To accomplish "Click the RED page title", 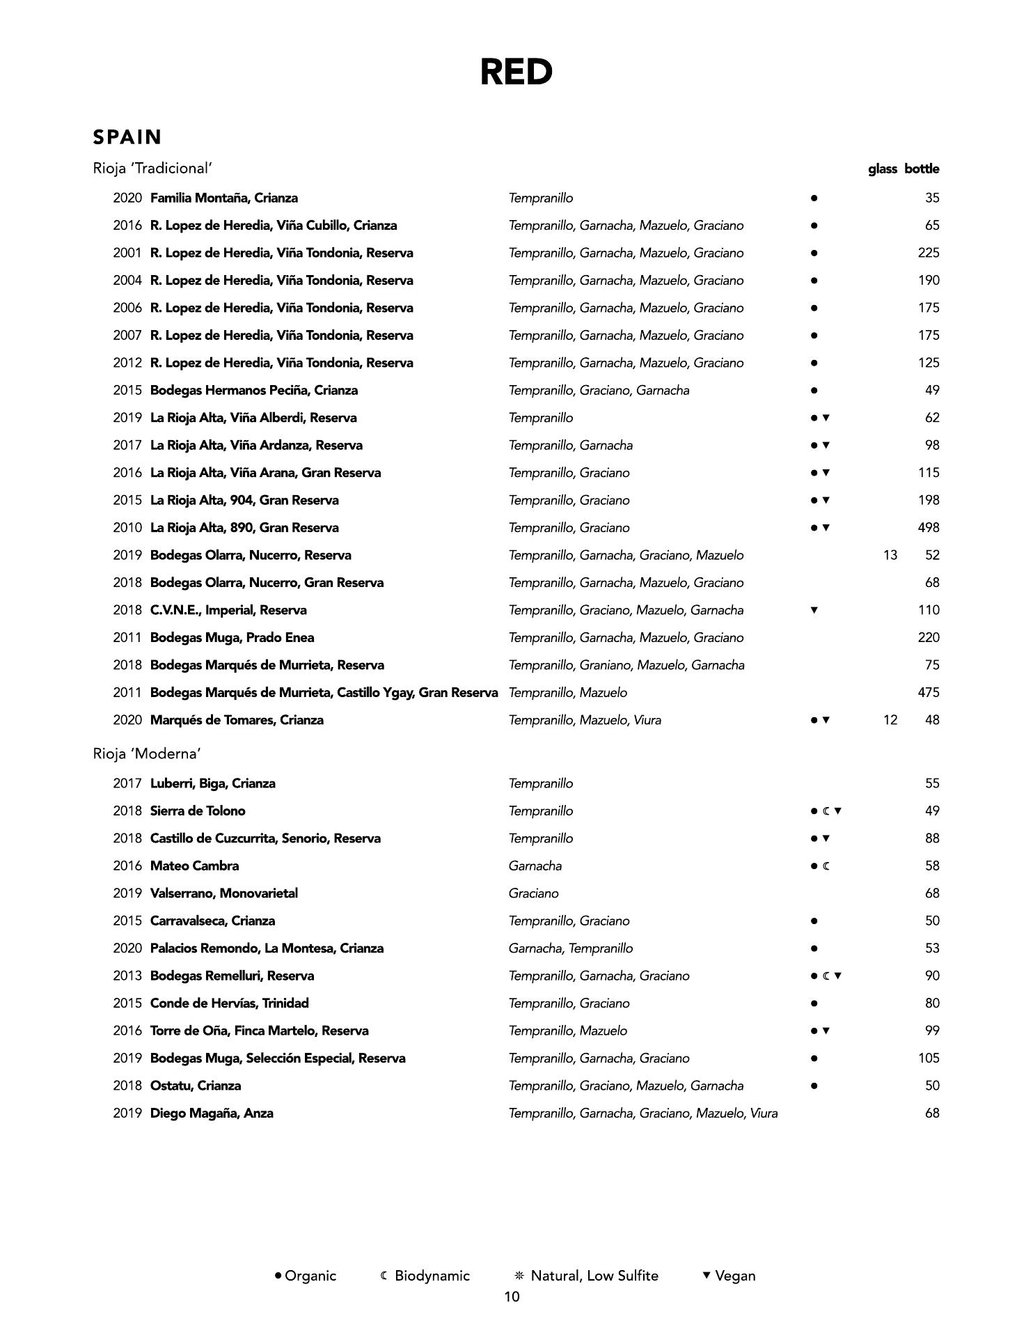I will pos(516,72).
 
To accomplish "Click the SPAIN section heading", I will pos(127,137).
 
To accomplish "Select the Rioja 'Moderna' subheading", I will pos(147,754).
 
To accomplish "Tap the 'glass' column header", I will pos(882,169).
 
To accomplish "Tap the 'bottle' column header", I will pos(922,169).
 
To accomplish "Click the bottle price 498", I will pos(928,528).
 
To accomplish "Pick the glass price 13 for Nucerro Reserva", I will pos(890,555).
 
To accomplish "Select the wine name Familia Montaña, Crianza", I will pos(223,198).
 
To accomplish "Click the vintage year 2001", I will pos(127,253).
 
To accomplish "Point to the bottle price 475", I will pos(928,693).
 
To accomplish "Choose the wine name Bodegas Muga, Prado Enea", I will pos(232,638).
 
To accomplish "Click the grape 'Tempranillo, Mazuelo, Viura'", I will pos(585,720).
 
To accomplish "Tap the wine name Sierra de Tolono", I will pos(198,811).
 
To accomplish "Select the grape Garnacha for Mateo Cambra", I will pos(535,866).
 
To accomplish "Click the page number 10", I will pos(512,1297).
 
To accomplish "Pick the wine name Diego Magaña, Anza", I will pos(212,1113).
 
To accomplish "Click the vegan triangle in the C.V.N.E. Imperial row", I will pos(814,611).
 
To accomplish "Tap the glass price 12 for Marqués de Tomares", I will pos(890,720).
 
